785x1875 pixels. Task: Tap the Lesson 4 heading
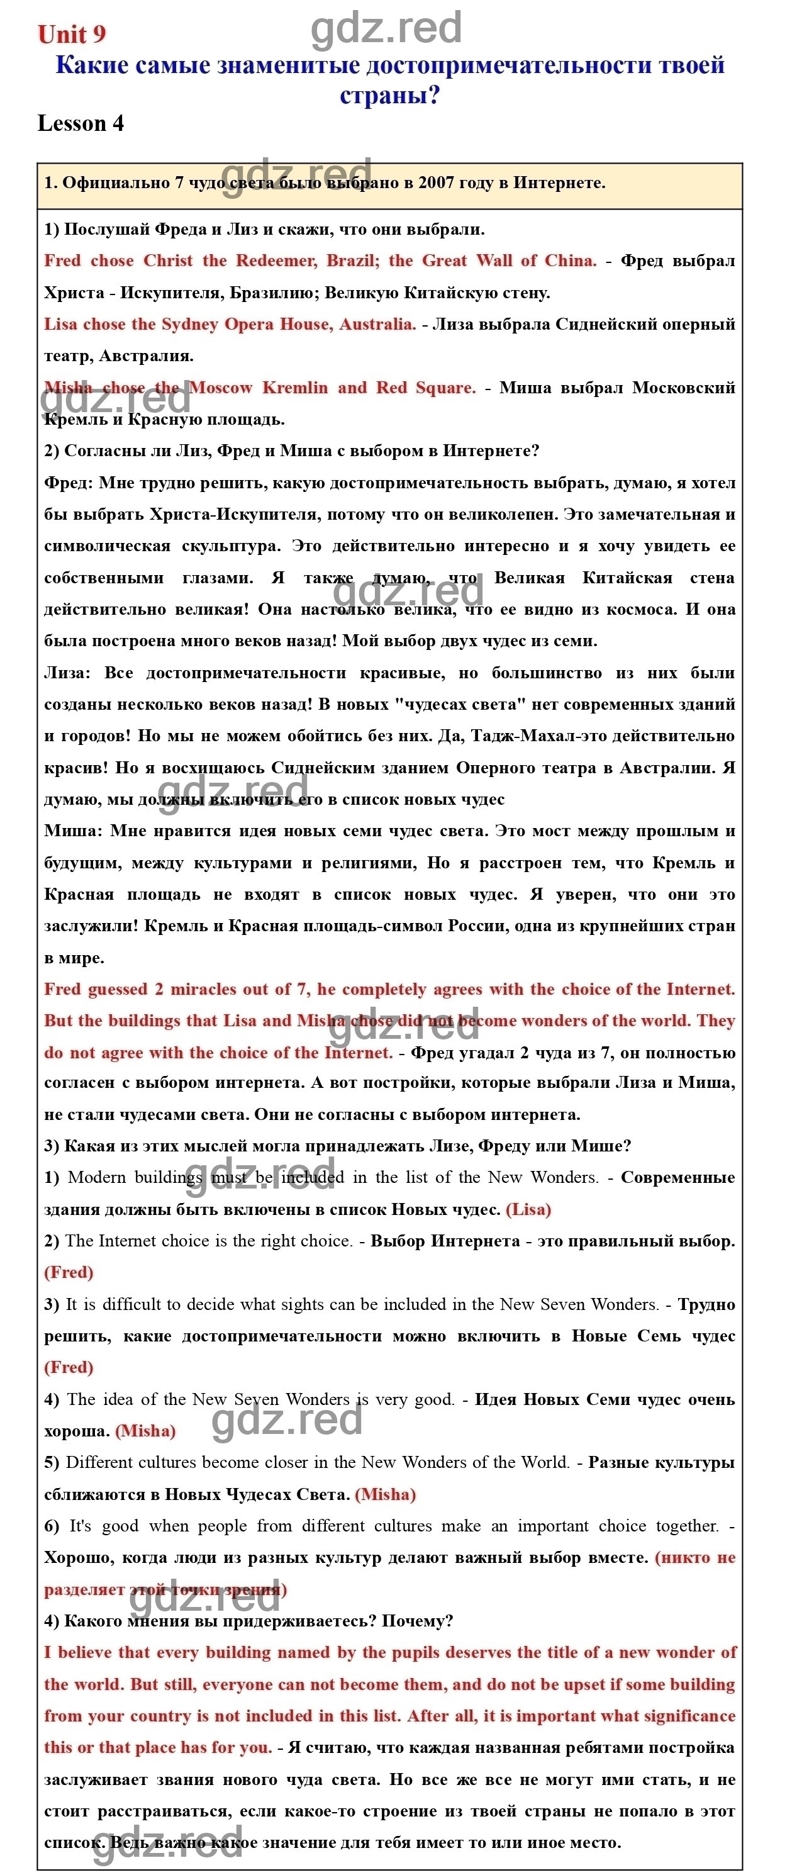tap(80, 124)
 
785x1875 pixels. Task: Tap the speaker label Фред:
tap(69, 483)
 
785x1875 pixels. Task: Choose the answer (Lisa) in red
tap(528, 1210)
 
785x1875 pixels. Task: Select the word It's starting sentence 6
tap(80, 1526)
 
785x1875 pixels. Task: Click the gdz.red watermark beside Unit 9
tap(386, 28)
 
